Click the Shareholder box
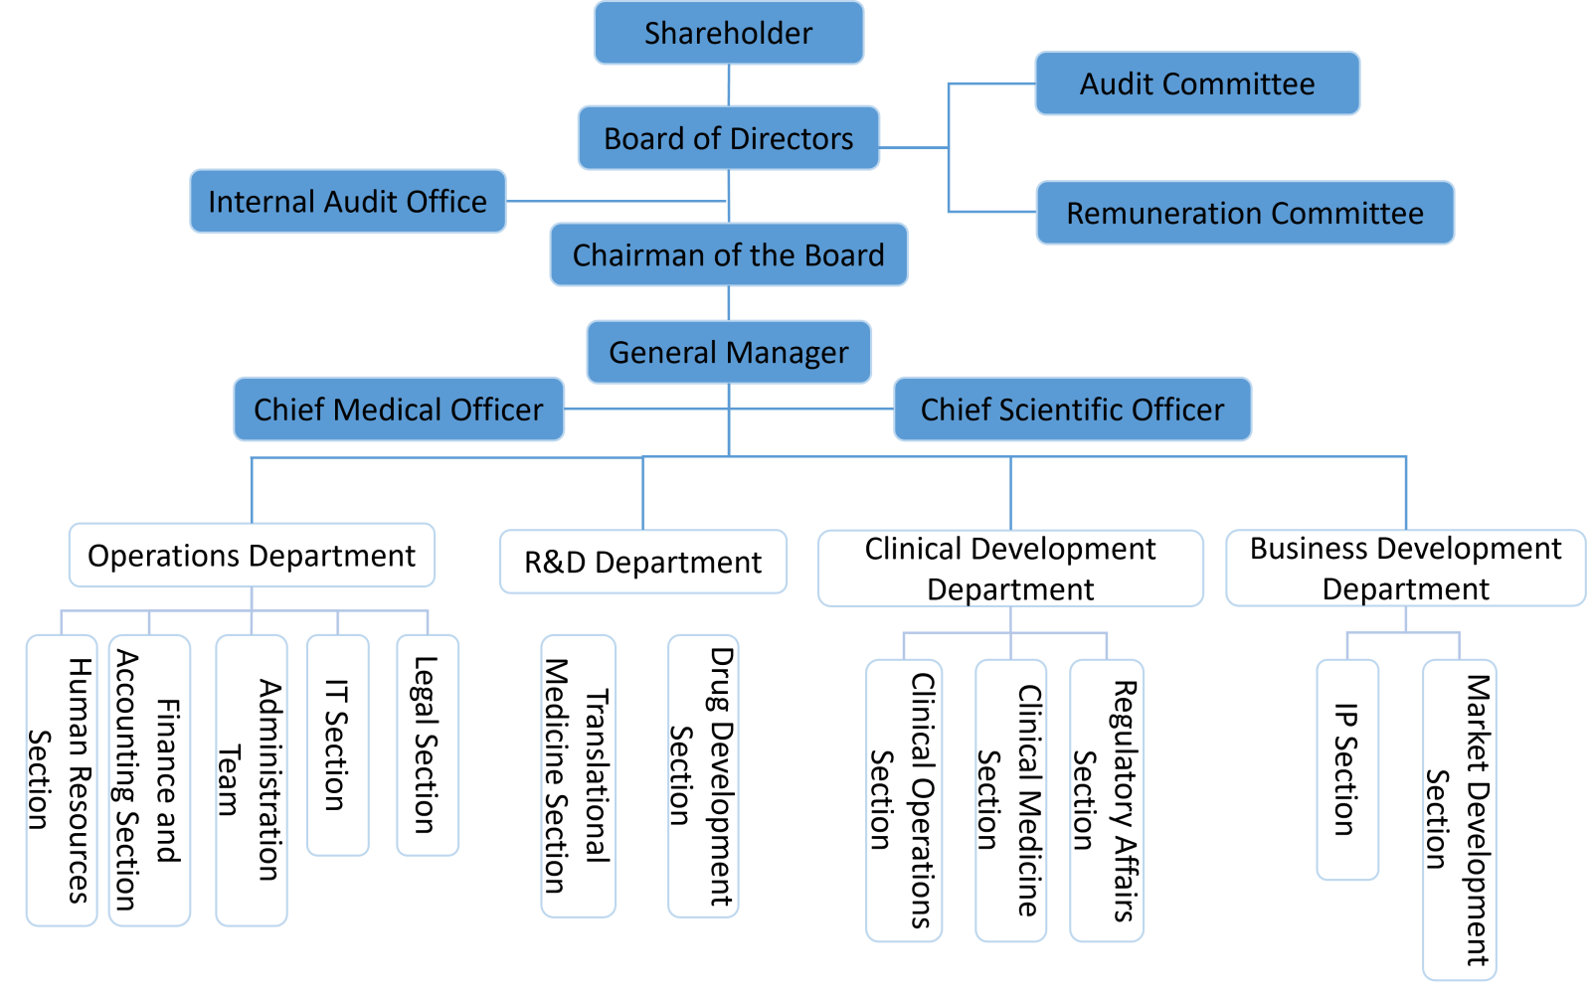point(729,33)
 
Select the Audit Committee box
point(1197,83)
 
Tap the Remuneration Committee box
point(1245,213)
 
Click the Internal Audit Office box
point(348,202)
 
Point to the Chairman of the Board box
point(729,255)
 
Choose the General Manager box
point(729,352)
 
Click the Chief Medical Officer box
point(399,410)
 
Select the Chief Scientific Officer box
point(1072,410)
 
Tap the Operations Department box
point(252,556)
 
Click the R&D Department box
point(642,563)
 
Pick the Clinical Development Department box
point(1010,569)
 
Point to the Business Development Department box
point(1405,569)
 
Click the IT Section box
point(337,746)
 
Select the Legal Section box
point(428,746)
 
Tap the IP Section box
point(1347,770)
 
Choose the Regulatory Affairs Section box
point(1107,800)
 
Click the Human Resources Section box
point(62,780)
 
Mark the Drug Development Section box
point(703,776)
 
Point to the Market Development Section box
point(1459,820)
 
